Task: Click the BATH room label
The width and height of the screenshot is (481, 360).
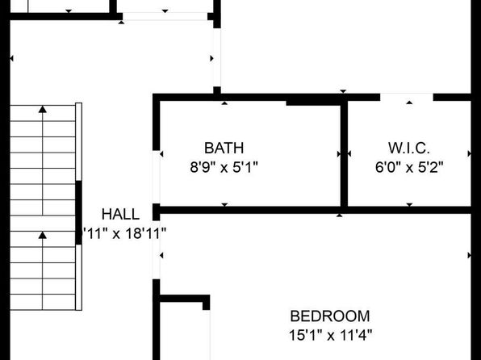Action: (x=224, y=148)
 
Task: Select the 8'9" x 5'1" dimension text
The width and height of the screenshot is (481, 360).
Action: (x=224, y=168)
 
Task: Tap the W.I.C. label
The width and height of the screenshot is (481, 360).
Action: (x=409, y=148)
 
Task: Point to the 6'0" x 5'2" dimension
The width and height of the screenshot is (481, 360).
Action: (x=409, y=168)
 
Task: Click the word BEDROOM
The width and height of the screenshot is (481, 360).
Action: (x=330, y=316)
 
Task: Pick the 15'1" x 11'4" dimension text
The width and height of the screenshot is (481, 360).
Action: (x=330, y=335)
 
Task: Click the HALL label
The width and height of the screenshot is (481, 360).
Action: (x=120, y=214)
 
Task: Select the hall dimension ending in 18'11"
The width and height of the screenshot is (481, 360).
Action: (x=124, y=233)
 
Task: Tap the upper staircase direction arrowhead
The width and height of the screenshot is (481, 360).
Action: (x=43, y=109)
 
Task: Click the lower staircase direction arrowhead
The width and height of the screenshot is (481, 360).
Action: (x=43, y=235)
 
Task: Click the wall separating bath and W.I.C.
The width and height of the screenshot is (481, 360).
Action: (x=344, y=155)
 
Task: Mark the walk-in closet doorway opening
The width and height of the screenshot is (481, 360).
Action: (x=407, y=98)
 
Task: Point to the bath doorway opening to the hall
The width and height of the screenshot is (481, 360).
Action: (x=156, y=177)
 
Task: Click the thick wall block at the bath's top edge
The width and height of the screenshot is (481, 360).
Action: (x=313, y=103)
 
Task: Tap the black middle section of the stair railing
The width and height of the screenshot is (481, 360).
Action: (x=78, y=212)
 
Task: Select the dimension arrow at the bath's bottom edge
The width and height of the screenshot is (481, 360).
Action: (x=224, y=205)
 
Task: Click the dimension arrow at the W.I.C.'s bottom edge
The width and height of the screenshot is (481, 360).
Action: (x=409, y=205)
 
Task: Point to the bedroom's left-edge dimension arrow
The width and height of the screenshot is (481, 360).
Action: (x=161, y=255)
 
